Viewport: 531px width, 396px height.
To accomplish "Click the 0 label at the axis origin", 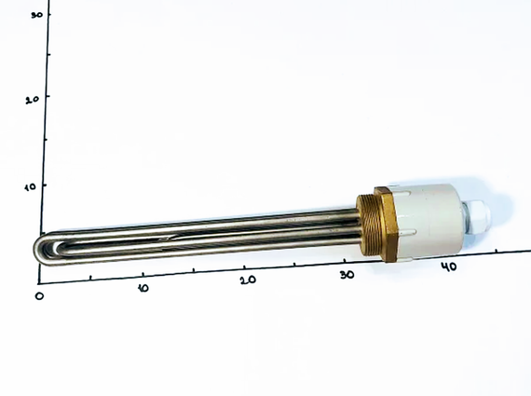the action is point(39,295).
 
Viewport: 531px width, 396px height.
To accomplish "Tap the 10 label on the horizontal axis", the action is point(143,288).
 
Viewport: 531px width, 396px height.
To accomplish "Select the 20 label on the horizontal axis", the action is point(248,280).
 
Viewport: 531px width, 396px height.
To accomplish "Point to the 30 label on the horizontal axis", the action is point(347,274).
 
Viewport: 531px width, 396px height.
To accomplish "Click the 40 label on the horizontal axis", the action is point(449,266).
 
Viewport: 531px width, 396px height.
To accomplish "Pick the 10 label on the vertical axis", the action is point(30,186).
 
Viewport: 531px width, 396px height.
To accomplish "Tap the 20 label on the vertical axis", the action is point(33,100).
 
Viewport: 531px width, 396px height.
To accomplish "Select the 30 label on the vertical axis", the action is point(36,15).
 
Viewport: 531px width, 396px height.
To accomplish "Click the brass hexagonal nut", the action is point(386,224).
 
